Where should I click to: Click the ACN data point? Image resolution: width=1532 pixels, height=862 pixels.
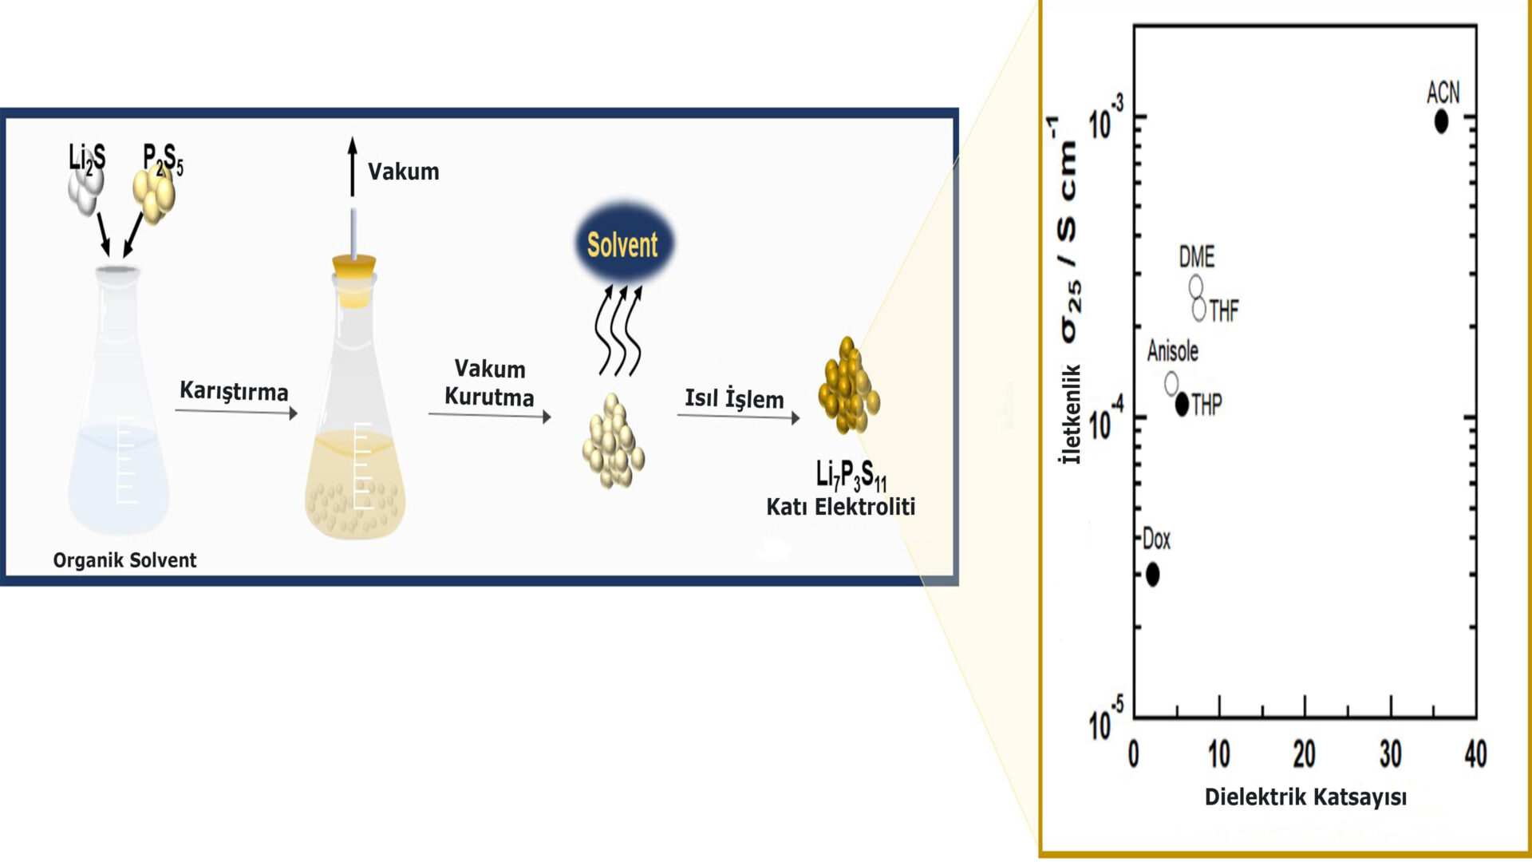point(1440,122)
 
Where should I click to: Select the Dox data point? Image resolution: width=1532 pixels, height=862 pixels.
point(1152,574)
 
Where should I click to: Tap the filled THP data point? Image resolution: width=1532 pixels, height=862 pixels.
point(1182,404)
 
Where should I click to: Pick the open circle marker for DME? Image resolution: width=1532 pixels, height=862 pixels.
point(1195,287)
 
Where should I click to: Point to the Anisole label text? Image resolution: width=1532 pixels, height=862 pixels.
point(1172,351)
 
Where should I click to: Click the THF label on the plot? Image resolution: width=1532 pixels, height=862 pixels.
point(1223,310)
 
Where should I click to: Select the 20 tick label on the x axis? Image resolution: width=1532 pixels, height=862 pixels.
point(1304,754)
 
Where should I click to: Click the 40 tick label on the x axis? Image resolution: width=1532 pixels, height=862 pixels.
point(1475,754)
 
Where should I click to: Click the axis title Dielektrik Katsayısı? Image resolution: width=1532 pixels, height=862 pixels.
point(1305,797)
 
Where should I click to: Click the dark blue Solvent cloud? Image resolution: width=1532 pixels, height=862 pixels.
point(623,244)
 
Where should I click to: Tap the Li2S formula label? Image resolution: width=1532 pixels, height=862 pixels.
point(87,158)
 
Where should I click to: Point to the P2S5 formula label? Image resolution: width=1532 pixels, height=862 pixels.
point(163,159)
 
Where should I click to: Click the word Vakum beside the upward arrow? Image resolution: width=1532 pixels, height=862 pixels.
point(403,172)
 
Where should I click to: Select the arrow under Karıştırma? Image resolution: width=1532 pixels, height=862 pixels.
point(236,412)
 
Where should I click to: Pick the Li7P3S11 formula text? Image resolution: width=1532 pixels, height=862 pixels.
point(851,476)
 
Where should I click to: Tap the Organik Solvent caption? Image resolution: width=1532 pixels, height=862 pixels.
point(124,560)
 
